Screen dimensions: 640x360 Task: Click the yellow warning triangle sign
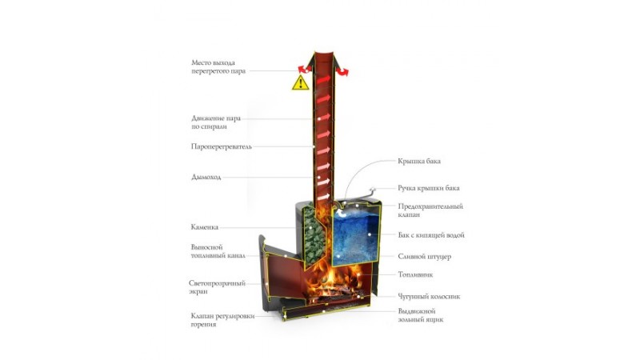pyautogui.click(x=301, y=83)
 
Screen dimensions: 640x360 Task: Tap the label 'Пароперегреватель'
pyautogui.click(x=222, y=146)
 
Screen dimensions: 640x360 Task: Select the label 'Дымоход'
pyautogui.click(x=206, y=177)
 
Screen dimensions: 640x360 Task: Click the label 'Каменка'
pyautogui.click(x=205, y=227)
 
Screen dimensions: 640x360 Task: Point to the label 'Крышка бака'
pyautogui.click(x=419, y=161)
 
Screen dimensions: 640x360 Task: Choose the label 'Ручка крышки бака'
pyautogui.click(x=429, y=188)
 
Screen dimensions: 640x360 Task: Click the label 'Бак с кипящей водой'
pyautogui.click(x=431, y=235)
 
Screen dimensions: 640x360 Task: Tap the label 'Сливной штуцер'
pyautogui.click(x=425, y=257)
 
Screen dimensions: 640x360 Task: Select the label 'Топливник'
pyautogui.click(x=415, y=274)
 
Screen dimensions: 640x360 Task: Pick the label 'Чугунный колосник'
pyautogui.click(x=429, y=297)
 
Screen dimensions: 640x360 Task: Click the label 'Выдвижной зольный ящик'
pyautogui.click(x=421, y=315)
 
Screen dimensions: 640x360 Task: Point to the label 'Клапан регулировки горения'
pyautogui.click(x=222, y=320)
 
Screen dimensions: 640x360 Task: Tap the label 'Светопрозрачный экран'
pyautogui.click(x=217, y=287)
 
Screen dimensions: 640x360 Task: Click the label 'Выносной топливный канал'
pyautogui.click(x=218, y=251)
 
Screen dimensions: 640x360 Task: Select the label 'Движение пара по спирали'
pyautogui.click(x=216, y=122)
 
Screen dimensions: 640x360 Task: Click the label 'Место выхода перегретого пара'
pyautogui.click(x=218, y=67)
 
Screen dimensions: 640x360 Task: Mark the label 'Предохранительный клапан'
pyautogui.click(x=430, y=210)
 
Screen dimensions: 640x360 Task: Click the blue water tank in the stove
pyautogui.click(x=354, y=234)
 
